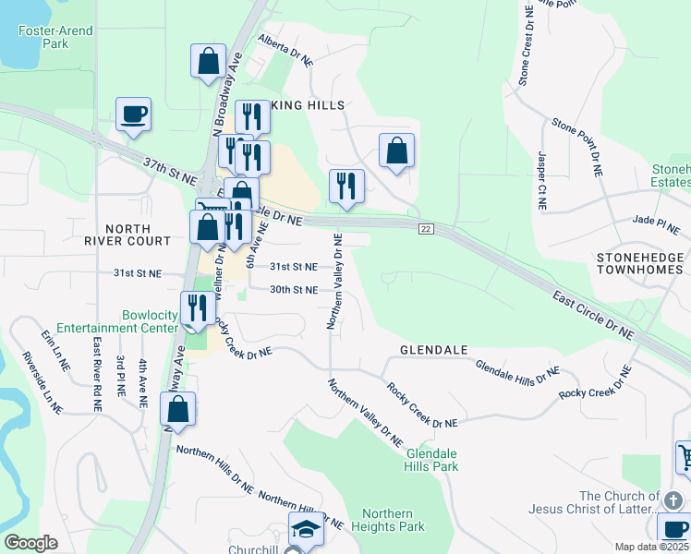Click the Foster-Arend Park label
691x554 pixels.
[55, 37]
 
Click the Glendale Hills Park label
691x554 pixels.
[431, 460]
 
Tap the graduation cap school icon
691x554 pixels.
[307, 530]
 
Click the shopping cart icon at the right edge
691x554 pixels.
[685, 457]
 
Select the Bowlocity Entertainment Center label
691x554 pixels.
[116, 321]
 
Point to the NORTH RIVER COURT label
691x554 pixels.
[138, 235]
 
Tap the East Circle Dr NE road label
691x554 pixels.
[594, 314]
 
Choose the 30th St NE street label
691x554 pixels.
[293, 290]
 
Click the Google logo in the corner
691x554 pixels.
[30, 543]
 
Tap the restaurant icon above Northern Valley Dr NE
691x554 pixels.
[346, 186]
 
